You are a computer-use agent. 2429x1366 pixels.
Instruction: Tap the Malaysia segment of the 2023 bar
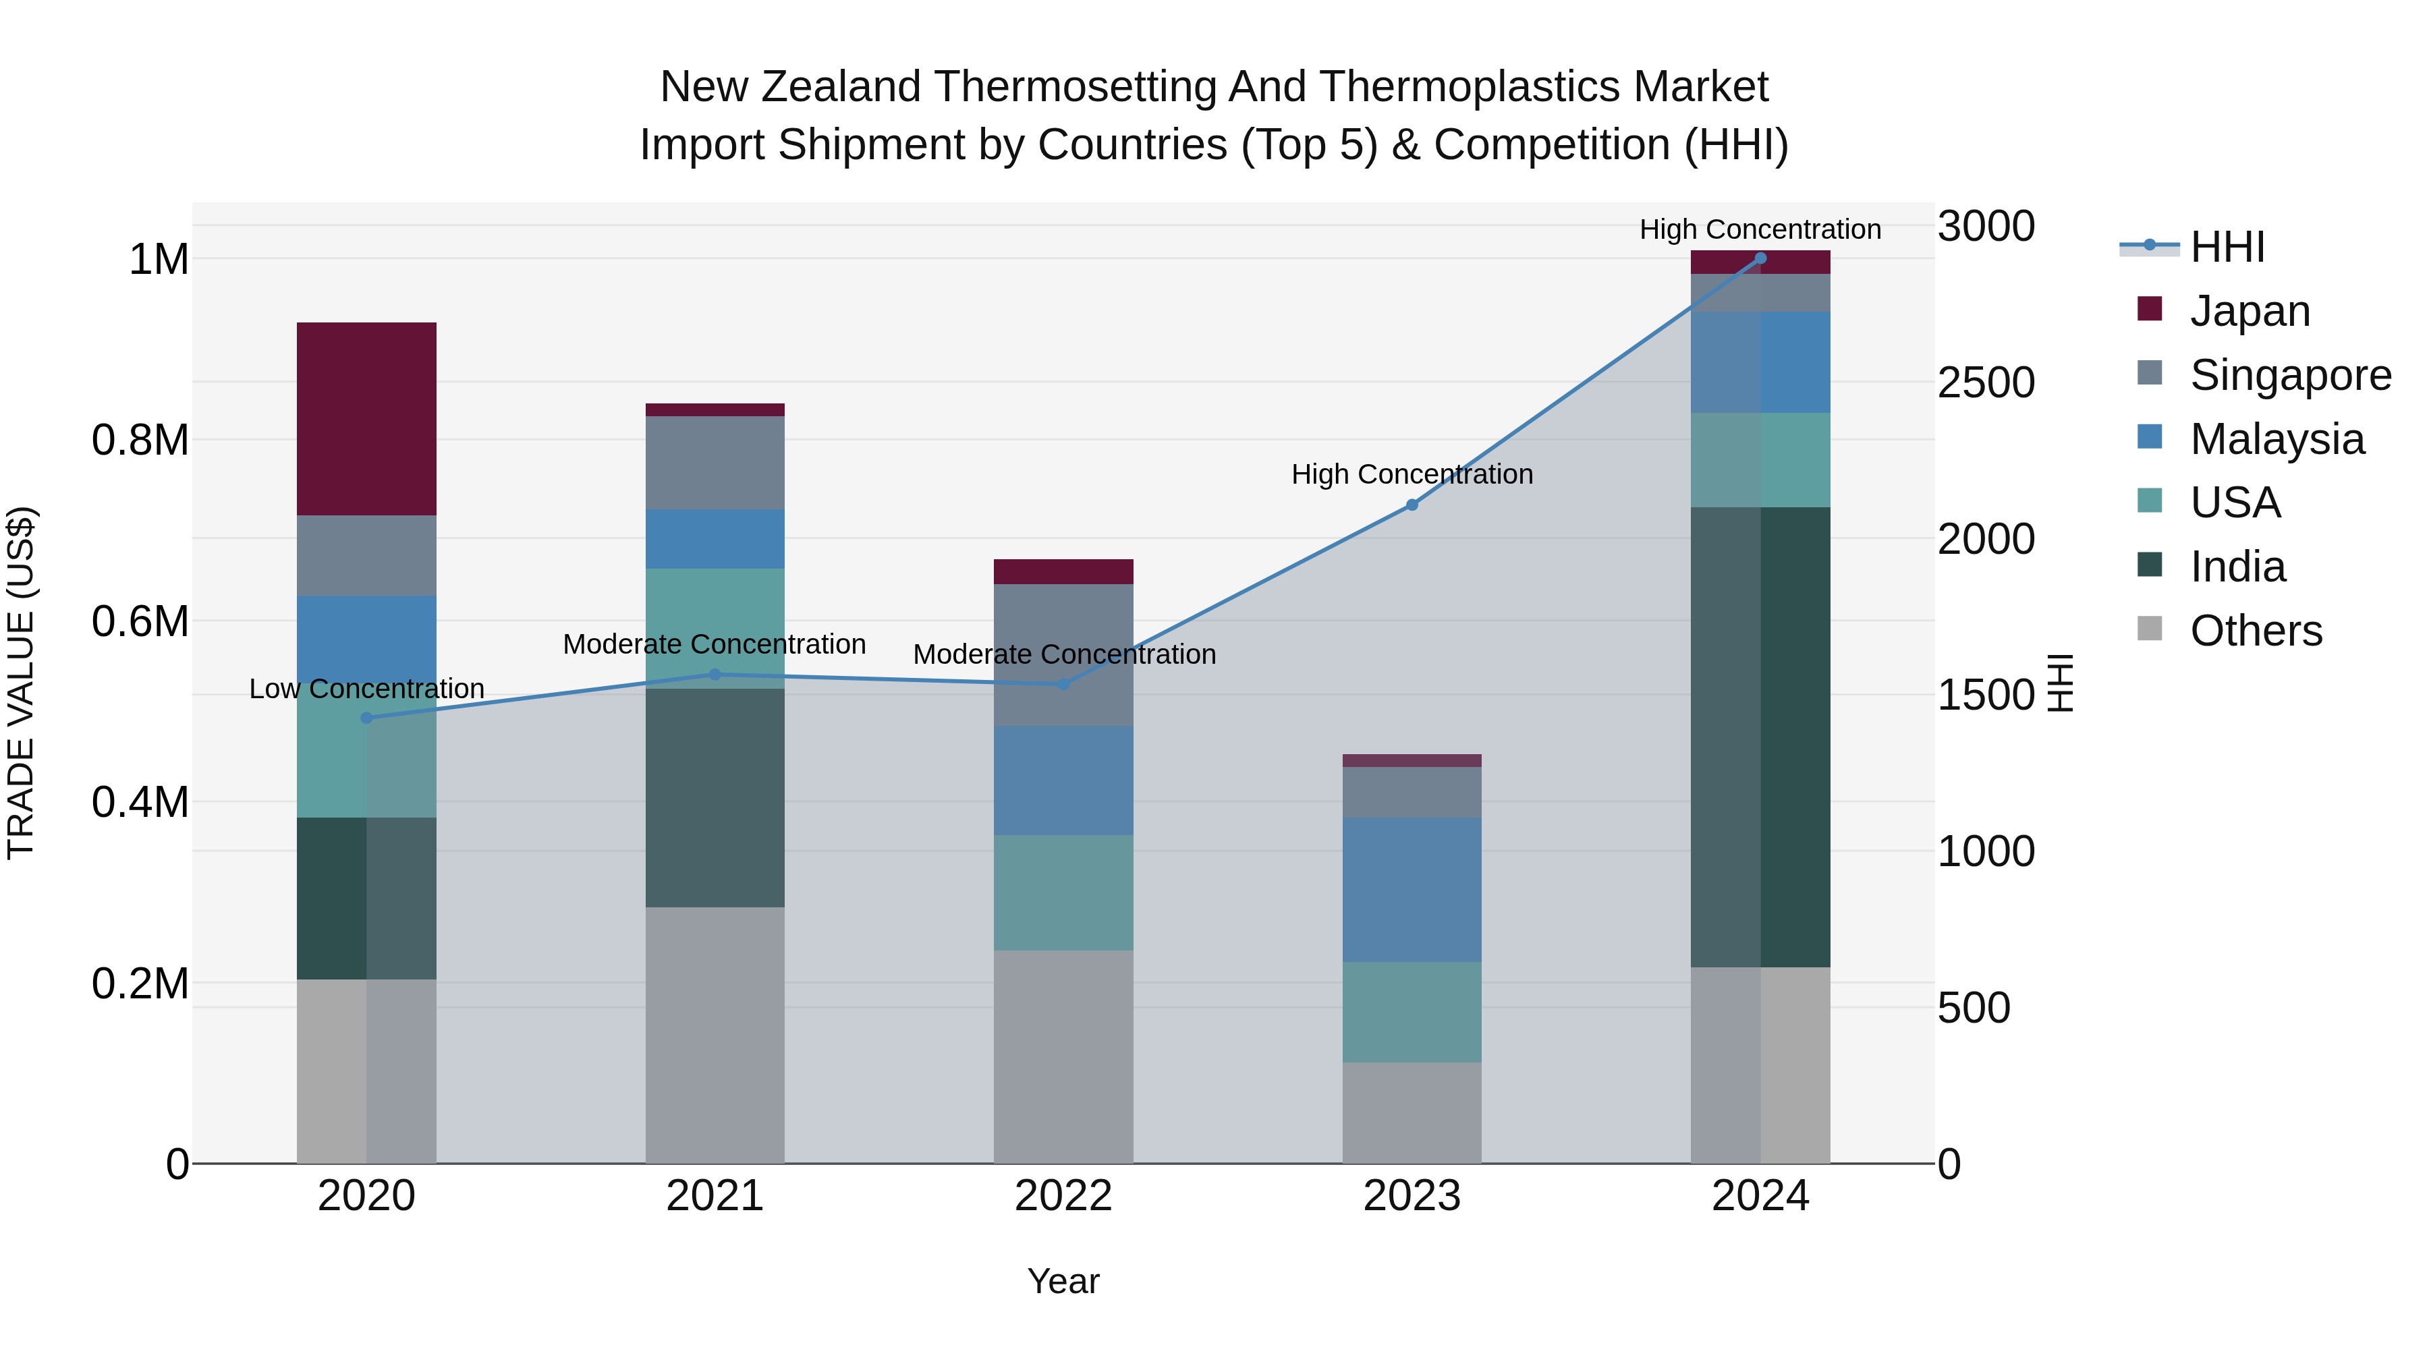(x=1412, y=889)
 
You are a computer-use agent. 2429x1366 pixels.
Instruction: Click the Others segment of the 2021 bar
(x=715, y=1034)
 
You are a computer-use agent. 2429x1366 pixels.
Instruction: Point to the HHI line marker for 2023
(x=1412, y=505)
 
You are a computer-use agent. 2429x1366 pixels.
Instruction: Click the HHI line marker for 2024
(x=1760, y=258)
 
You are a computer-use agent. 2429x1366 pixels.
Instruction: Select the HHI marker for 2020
(x=367, y=718)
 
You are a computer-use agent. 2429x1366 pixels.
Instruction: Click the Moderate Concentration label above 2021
(x=714, y=645)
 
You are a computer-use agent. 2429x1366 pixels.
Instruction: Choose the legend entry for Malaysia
(x=2277, y=439)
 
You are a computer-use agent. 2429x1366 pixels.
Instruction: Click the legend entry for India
(x=2237, y=567)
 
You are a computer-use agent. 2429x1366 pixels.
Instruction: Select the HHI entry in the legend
(x=2227, y=247)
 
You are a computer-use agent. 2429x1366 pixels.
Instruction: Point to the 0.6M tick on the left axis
(x=140, y=621)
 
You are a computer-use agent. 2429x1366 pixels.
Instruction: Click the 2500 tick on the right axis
(x=1986, y=382)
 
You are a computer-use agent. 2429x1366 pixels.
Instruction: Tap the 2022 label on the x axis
(x=1063, y=1196)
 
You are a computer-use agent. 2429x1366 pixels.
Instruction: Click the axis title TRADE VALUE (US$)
(x=21, y=683)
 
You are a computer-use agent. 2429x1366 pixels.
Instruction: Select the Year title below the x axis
(x=1063, y=1281)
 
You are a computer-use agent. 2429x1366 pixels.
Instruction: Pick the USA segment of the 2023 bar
(x=1412, y=1012)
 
